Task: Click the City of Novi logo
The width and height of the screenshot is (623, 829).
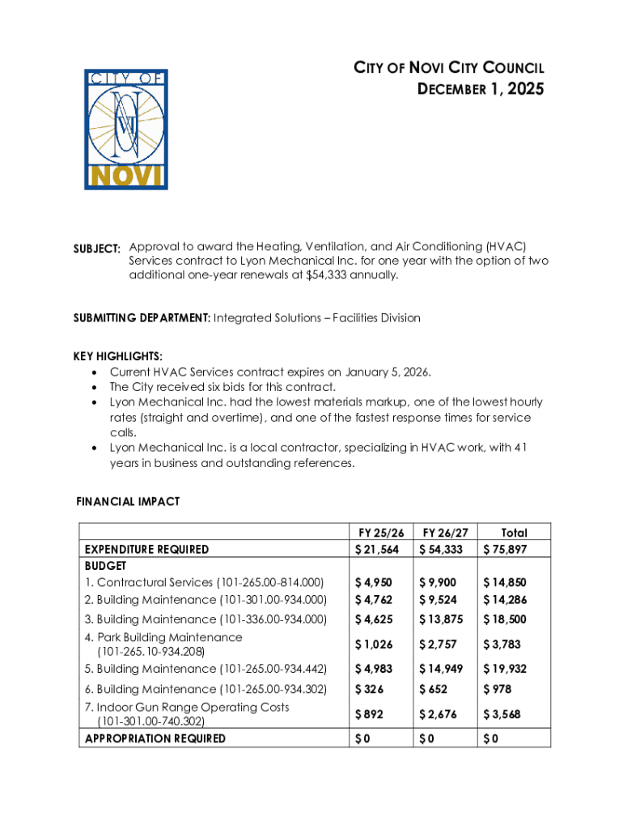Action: (x=125, y=130)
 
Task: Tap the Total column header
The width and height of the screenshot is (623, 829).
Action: (x=514, y=533)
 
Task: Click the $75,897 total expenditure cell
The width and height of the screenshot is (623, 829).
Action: (x=505, y=550)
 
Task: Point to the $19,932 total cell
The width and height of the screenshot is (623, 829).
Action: (x=505, y=669)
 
